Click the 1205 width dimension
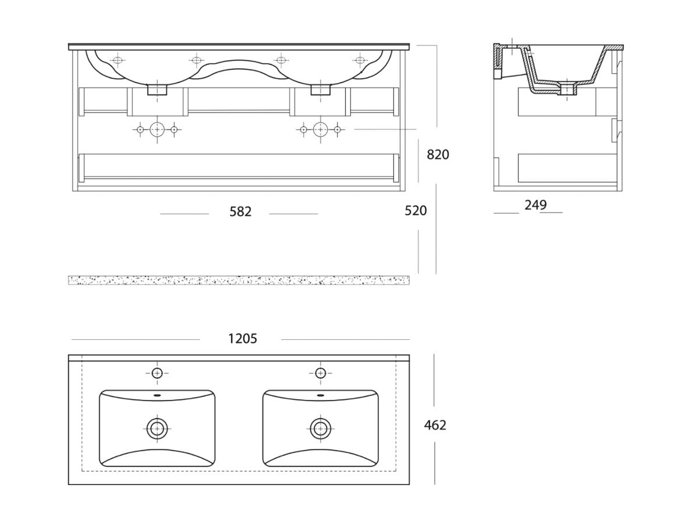[x=243, y=339]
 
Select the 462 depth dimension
[x=435, y=425]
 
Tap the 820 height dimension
[x=438, y=154]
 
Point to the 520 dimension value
[x=416, y=210]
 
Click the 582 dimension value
[x=240, y=212]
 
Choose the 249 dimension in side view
[x=535, y=205]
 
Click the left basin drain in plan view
[x=157, y=428]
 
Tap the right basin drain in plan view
[x=320, y=428]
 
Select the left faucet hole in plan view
[x=157, y=373]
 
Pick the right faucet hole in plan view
[x=320, y=373]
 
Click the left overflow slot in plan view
[x=157, y=395]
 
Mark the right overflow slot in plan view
[x=320, y=395]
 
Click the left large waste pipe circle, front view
[x=157, y=129]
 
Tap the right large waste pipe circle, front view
[x=320, y=129]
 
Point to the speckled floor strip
[x=239, y=280]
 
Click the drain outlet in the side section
[x=569, y=89]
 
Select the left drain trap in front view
[x=157, y=90]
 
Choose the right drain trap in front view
[x=320, y=90]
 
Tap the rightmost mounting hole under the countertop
[x=359, y=60]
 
